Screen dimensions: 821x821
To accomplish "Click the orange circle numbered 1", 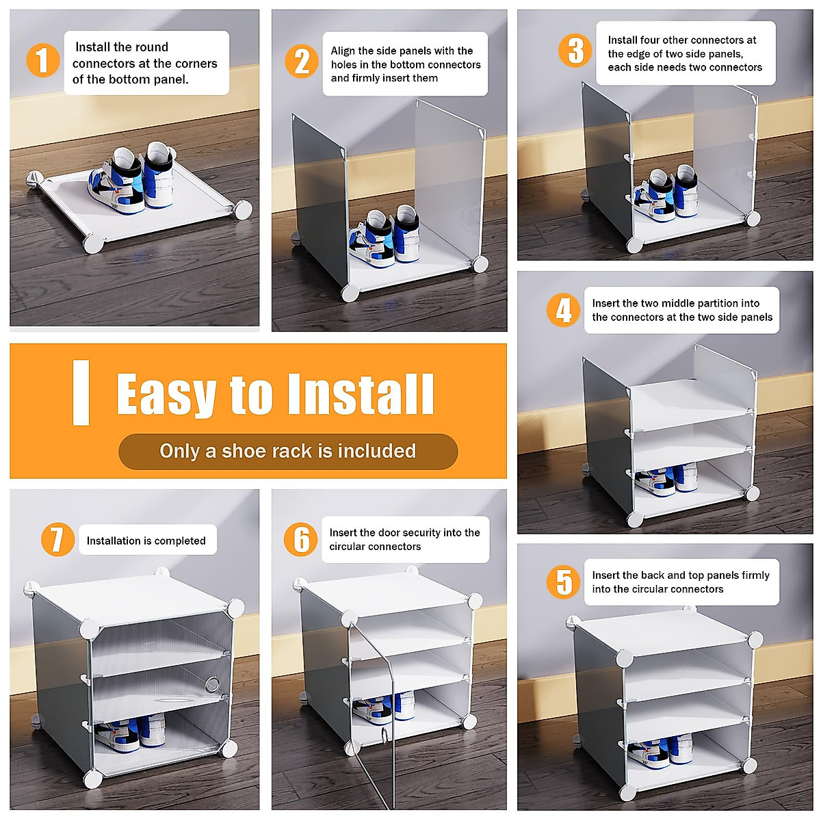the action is click(x=42, y=60).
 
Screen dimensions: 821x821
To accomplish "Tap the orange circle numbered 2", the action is click(x=301, y=62).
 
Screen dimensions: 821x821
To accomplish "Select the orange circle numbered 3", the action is click(x=575, y=50).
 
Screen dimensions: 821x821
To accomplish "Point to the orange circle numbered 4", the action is click(x=563, y=310).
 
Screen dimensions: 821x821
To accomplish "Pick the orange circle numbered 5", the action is click(x=563, y=582).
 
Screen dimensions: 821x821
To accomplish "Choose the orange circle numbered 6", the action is click(x=301, y=539).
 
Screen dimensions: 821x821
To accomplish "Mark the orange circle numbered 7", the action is click(x=57, y=539).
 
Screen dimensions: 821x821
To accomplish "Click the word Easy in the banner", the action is click(x=166, y=394).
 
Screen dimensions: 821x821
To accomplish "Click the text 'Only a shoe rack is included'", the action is click(x=287, y=451).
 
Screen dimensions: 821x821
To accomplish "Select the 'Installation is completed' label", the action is click(x=146, y=540).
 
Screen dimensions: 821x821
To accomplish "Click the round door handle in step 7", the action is click(x=212, y=685).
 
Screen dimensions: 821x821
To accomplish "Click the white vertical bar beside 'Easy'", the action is click(x=81, y=393).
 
